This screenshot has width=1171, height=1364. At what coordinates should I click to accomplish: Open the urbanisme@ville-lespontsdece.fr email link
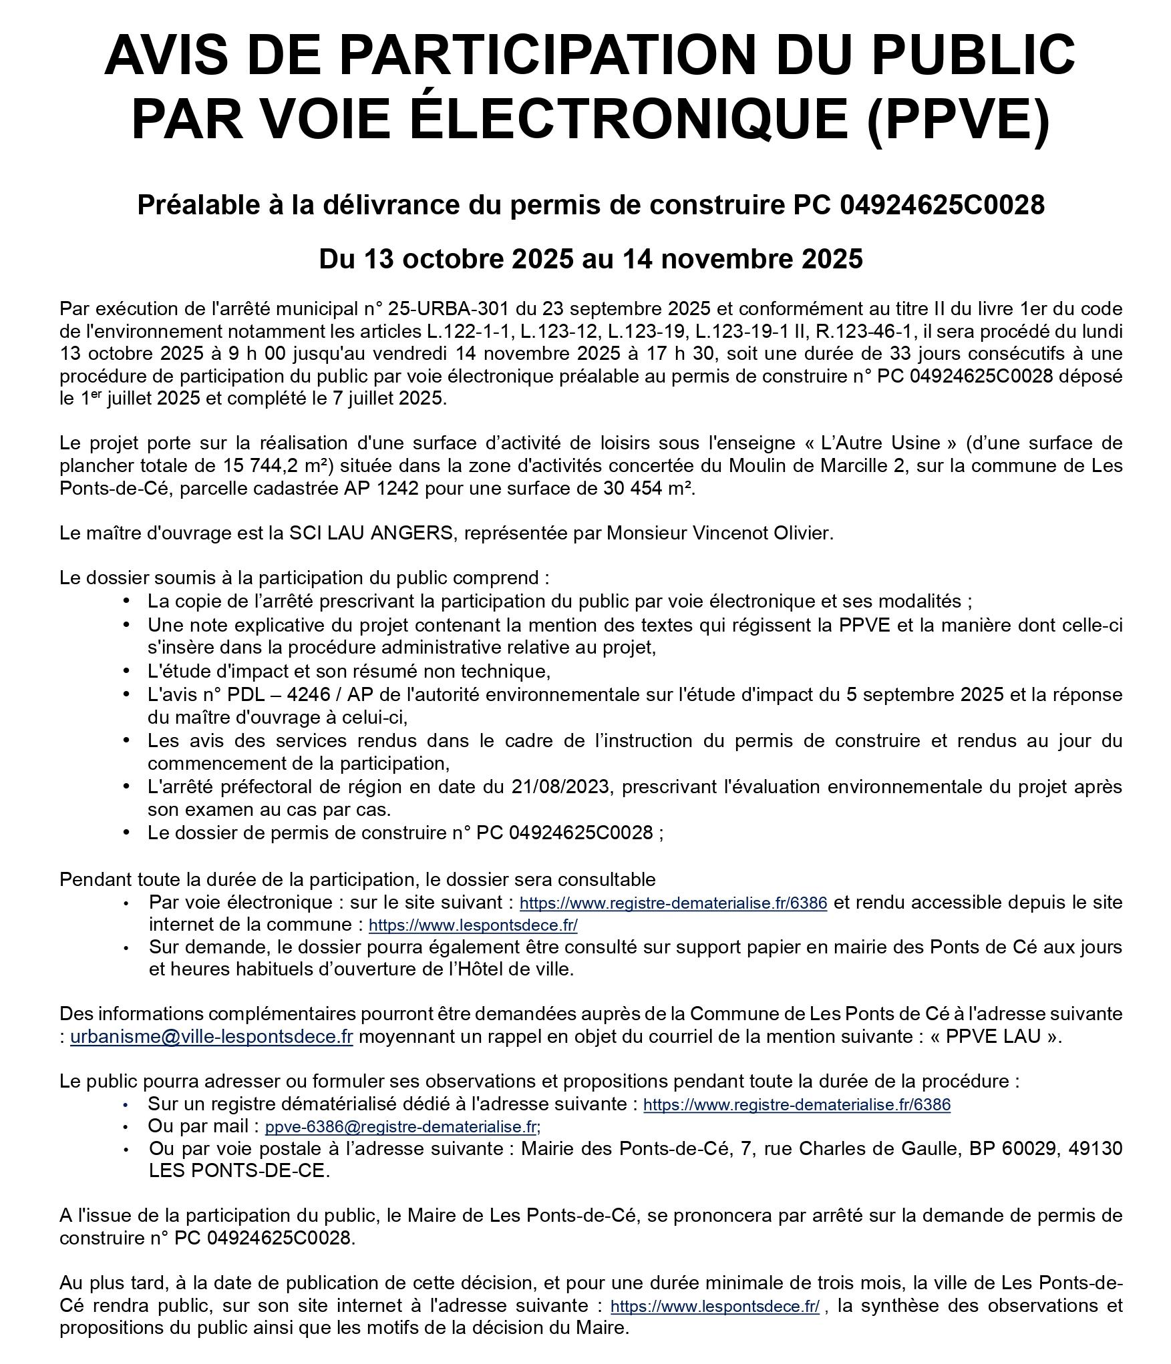click(211, 1037)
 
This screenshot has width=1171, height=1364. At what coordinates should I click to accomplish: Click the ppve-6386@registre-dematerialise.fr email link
click(402, 1127)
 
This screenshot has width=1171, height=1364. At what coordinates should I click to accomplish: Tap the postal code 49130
click(1095, 1148)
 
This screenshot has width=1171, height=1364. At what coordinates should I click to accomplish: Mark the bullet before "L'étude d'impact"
click(127, 670)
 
